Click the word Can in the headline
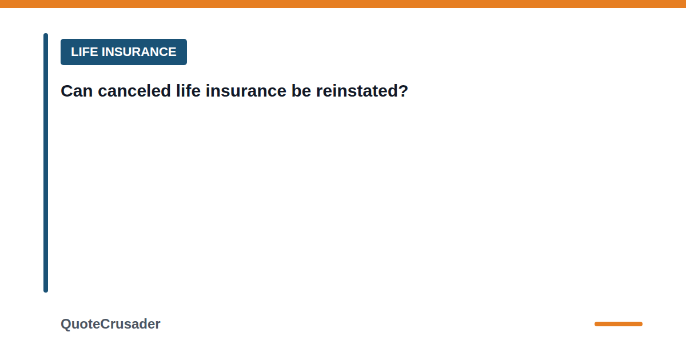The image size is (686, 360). pos(77,91)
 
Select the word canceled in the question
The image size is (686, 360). pos(134,91)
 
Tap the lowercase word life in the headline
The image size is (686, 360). pos(188,91)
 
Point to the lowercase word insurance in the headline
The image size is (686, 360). pos(246,91)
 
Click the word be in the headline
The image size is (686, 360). pos(301,91)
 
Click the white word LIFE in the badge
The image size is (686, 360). pos(84,52)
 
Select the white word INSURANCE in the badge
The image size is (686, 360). pos(139,52)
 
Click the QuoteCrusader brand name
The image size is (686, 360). pos(110,324)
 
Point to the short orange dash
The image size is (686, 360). pos(619,324)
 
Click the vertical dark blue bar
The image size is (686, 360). pos(46,162)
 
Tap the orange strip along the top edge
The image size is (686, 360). pos(343,3)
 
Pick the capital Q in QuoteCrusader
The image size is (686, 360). pos(66,324)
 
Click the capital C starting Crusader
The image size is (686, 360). pos(105,324)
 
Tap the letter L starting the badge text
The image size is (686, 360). pos(74,52)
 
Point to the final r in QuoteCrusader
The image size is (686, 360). pos(157,325)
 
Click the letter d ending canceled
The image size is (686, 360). pos(165,90)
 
